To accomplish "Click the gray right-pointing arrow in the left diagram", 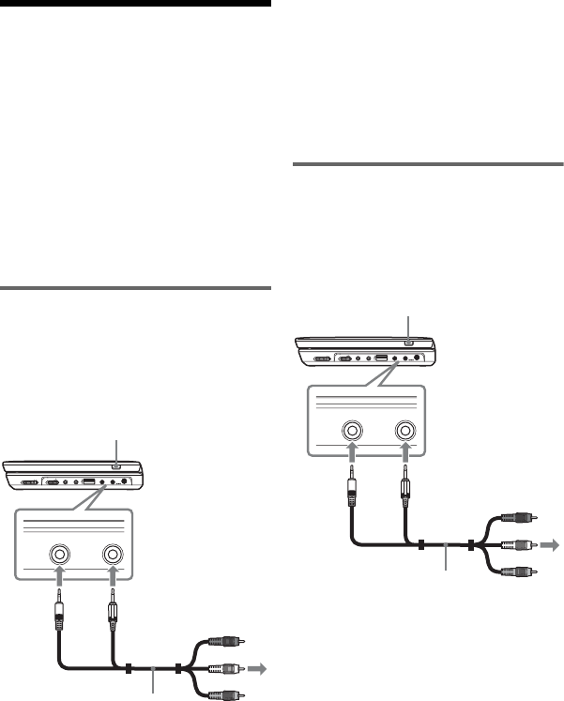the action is coord(260,670).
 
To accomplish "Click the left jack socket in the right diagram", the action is coord(352,432).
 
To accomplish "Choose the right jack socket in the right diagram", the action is coord(406,432).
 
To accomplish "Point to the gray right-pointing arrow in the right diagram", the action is coord(554,543).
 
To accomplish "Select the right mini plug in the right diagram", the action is coord(406,487).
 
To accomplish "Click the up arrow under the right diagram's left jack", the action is coord(352,455).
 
